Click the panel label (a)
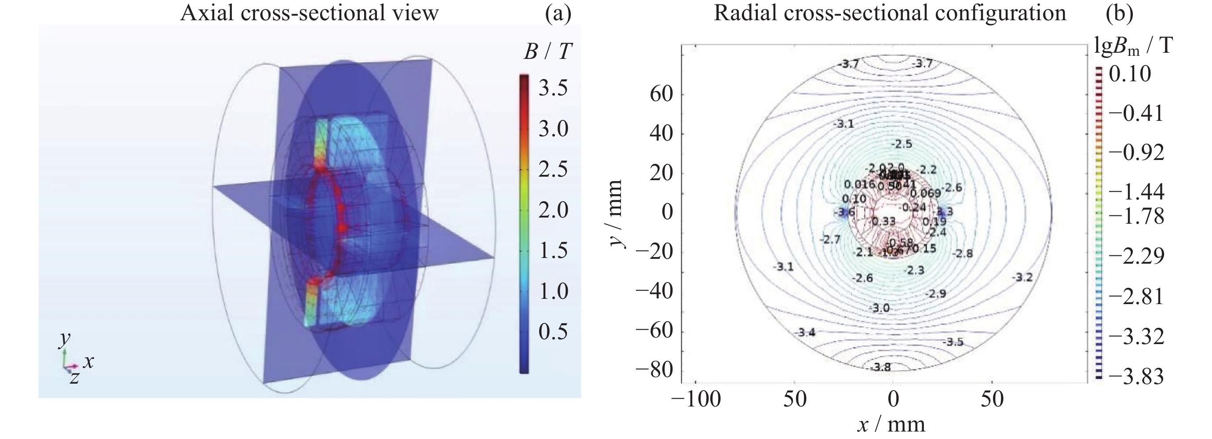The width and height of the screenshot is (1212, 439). (558, 13)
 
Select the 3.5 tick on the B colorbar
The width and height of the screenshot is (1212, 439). (553, 88)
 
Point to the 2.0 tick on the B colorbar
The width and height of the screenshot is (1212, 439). (553, 210)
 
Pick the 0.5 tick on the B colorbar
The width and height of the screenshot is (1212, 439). (553, 332)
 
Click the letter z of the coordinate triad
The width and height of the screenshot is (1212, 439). (74, 377)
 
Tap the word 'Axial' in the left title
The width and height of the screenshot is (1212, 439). (208, 13)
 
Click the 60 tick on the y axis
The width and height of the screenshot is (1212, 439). (661, 94)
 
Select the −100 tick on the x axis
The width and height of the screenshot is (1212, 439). (696, 399)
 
